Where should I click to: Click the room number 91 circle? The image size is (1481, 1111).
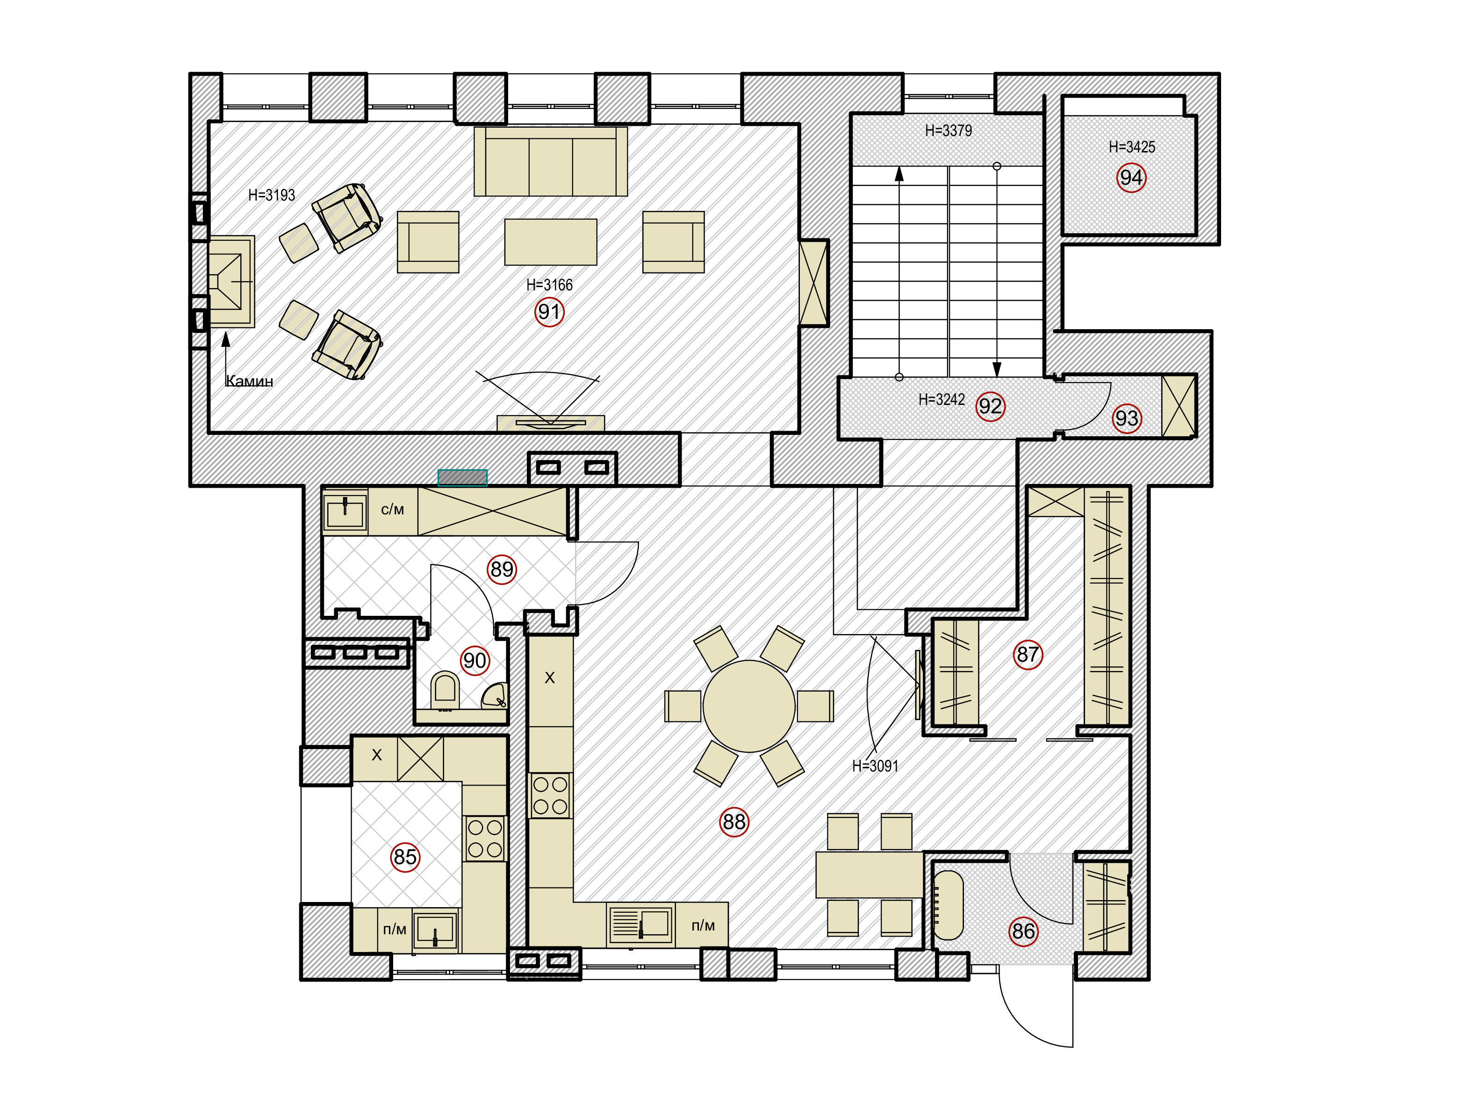[549, 312]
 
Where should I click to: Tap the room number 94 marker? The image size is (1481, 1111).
[1131, 178]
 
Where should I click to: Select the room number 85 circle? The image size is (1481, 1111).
[405, 857]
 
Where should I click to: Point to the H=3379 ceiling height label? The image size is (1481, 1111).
[948, 130]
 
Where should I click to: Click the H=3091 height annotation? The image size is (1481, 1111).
[875, 765]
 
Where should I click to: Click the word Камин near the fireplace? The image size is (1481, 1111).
[250, 381]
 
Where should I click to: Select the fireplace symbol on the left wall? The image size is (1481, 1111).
[231, 281]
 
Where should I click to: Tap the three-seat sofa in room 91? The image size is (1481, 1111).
[550, 161]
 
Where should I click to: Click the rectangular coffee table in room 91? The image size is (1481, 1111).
[550, 242]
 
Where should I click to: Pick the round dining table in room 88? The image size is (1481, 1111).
[748, 706]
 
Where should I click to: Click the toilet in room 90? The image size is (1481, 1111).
[445, 691]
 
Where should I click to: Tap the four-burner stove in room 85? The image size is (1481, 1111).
[485, 838]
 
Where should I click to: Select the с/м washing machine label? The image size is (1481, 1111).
[392, 510]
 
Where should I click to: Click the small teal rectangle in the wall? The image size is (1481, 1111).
[462, 477]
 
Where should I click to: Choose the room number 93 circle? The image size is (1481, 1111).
[1126, 418]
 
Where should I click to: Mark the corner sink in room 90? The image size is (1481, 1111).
[496, 696]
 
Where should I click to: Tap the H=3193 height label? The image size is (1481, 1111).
[271, 195]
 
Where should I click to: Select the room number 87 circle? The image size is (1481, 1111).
[1028, 654]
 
